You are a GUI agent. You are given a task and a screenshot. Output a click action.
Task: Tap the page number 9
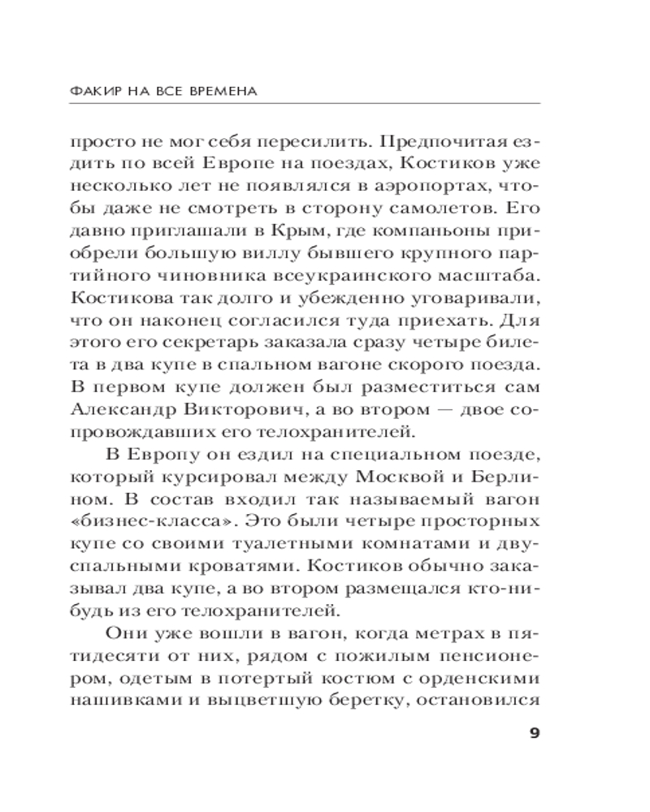[534, 734]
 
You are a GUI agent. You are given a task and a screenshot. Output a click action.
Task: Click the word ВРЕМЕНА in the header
[224, 91]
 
